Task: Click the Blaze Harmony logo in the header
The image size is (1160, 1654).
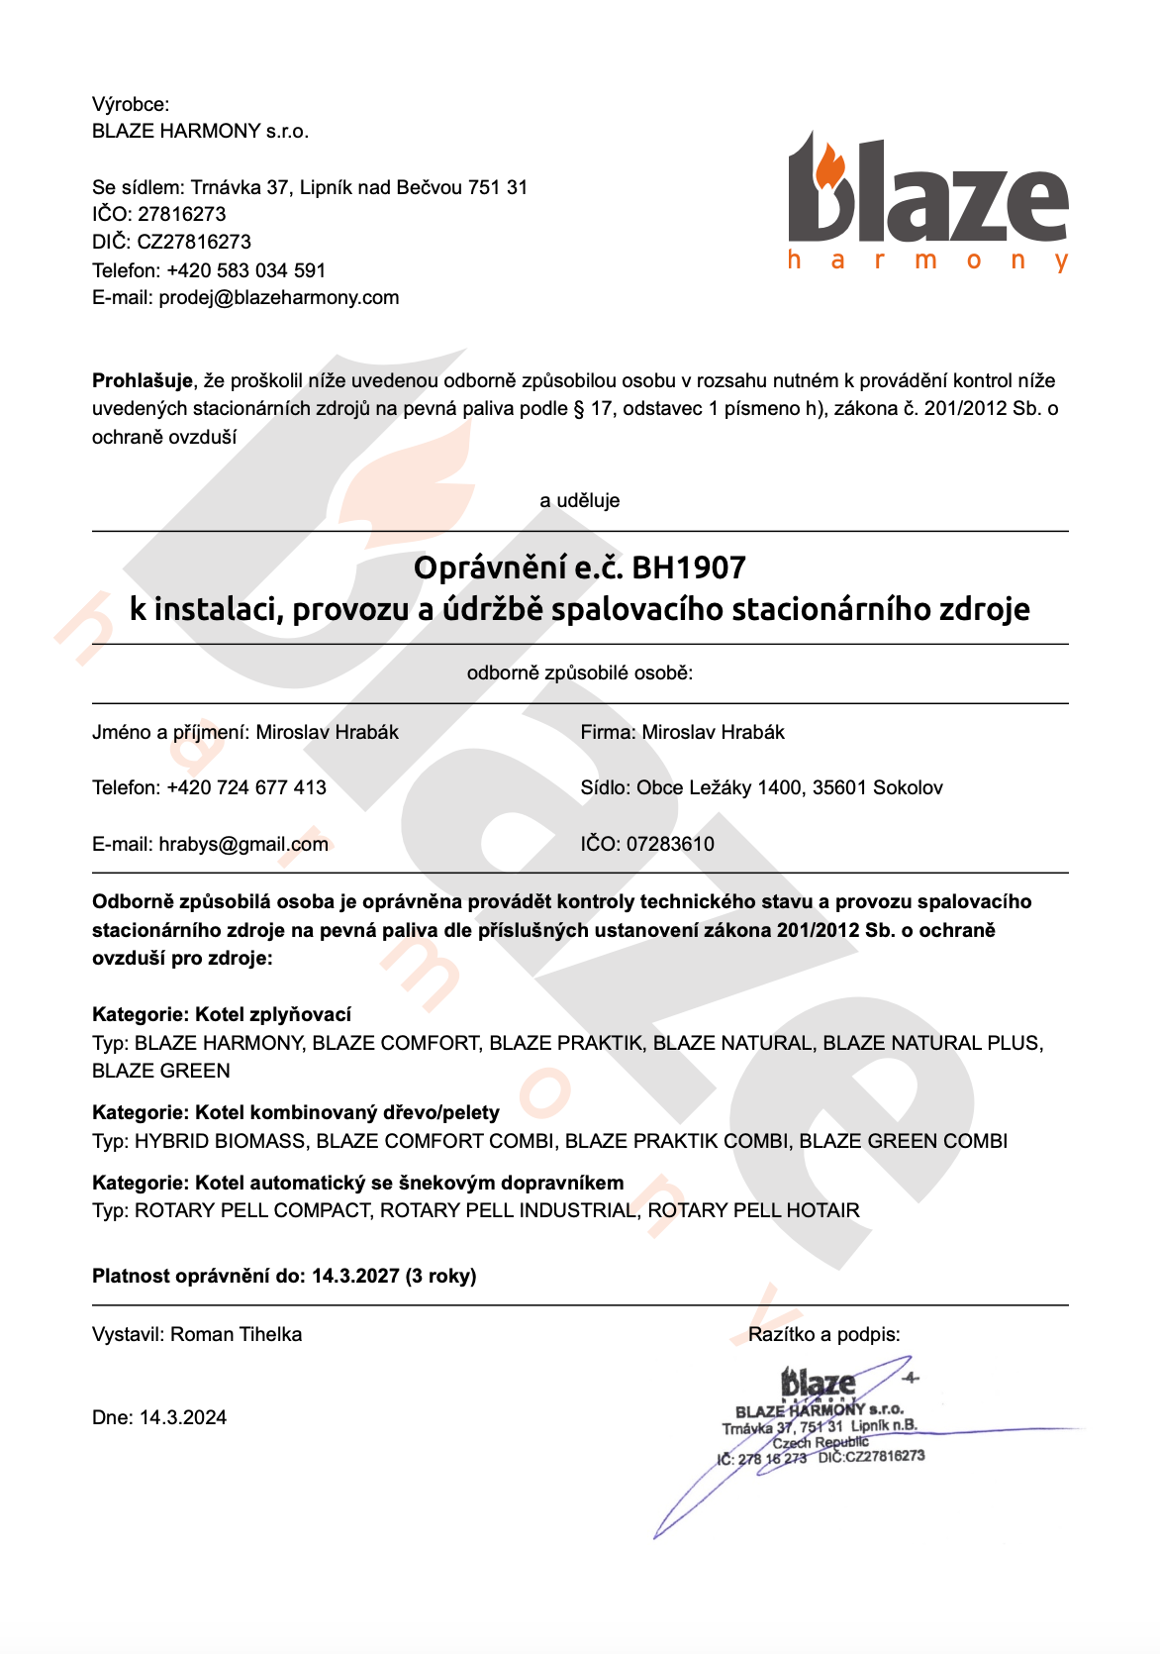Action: pos(927,203)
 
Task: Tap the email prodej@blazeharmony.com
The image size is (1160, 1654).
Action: pos(279,298)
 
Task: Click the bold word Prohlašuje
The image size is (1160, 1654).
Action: pos(142,381)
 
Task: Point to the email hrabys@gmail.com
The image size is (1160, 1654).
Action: pos(243,845)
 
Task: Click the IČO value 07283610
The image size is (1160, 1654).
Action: pos(670,845)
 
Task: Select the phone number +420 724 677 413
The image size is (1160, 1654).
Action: pos(246,788)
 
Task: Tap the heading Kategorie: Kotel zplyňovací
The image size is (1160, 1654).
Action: pos(222,1015)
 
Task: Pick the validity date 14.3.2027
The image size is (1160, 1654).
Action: pos(355,1277)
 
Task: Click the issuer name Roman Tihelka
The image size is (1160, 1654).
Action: pos(236,1335)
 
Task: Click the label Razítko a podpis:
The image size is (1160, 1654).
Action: pos(823,1335)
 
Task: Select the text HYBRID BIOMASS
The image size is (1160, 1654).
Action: pos(220,1142)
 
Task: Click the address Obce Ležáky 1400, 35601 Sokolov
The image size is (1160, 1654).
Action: pos(789,788)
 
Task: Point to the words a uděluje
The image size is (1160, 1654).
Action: pos(580,501)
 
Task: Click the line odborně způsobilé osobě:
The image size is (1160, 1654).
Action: pos(580,673)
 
